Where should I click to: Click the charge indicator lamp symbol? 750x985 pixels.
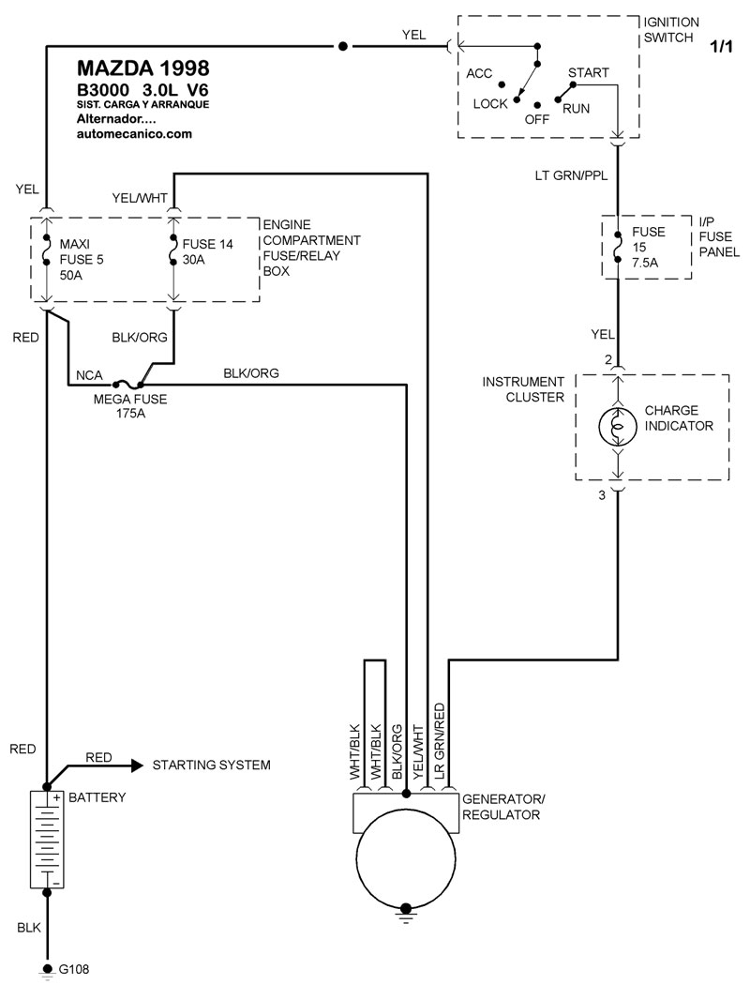617,427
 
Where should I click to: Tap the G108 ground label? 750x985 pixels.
72,968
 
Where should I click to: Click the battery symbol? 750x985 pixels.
46,839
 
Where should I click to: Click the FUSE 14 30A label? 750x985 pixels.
205,251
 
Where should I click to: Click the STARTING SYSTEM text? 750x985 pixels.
211,765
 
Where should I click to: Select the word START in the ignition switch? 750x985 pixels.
588,72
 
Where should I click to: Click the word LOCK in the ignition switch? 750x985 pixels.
489,103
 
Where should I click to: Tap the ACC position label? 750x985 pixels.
479,72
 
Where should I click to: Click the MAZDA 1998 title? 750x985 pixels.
142,68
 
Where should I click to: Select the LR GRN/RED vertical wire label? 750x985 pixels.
439,740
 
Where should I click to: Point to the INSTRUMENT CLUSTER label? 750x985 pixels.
523,389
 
